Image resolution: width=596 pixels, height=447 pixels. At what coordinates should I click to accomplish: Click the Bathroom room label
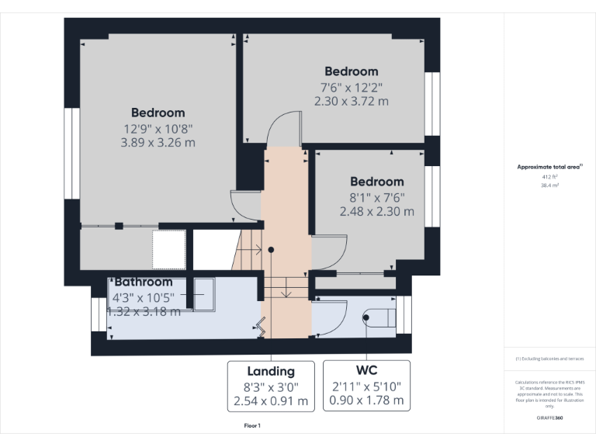(144, 282)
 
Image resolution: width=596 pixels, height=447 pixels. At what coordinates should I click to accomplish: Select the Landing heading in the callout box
(271, 371)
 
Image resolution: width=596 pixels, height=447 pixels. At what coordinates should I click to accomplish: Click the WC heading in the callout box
(366, 371)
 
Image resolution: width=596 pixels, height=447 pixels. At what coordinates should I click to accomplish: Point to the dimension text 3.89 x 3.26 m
(158, 143)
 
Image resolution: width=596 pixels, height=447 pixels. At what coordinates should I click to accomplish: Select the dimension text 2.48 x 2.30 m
(376, 210)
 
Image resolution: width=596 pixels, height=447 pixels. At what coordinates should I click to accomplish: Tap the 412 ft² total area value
(549, 176)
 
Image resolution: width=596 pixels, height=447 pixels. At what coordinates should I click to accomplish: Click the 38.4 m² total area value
(549, 185)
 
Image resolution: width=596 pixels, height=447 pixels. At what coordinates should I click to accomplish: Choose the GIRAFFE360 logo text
(549, 418)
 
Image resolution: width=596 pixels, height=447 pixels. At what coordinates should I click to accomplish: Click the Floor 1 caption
(252, 425)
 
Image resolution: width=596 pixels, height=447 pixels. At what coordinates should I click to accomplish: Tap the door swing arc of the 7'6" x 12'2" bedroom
(282, 128)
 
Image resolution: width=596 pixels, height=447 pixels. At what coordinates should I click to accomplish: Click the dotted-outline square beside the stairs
(168, 249)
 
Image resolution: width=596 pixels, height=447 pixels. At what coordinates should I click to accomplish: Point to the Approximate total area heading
(549, 167)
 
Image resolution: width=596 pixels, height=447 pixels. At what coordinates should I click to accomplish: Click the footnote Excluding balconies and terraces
(549, 359)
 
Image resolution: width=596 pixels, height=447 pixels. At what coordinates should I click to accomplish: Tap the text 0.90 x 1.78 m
(366, 400)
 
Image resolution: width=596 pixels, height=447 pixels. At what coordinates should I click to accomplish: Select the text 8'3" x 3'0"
(271, 386)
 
